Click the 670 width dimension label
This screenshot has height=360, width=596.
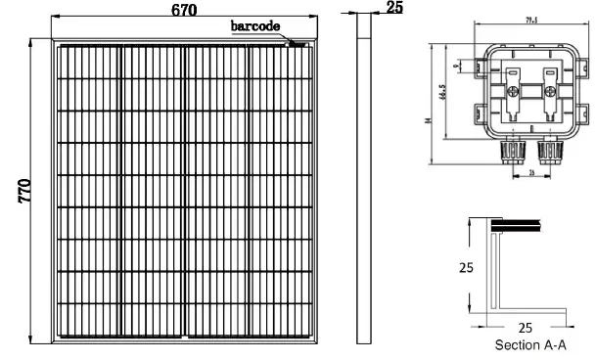[x=181, y=10]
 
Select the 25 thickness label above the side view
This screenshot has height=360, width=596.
[x=394, y=8]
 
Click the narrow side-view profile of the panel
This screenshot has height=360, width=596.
[x=363, y=186]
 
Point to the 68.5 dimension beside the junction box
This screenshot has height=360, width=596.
[x=445, y=94]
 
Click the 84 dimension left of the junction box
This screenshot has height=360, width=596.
[x=429, y=120]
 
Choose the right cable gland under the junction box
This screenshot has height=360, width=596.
[x=550, y=151]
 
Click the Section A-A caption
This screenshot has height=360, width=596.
[x=530, y=344]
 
